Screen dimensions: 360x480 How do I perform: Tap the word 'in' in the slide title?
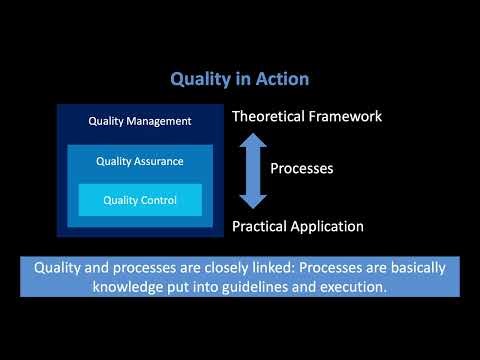[246, 77]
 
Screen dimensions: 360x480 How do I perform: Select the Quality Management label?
[140, 122]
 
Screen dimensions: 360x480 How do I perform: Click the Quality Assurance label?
[140, 161]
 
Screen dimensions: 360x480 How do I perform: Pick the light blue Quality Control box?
[140, 200]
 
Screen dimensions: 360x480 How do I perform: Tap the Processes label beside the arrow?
[301, 169]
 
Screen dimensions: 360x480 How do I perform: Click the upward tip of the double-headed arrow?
[253, 137]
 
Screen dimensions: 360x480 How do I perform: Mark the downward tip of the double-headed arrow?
[253, 205]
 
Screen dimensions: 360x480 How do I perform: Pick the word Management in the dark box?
[158, 122]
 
